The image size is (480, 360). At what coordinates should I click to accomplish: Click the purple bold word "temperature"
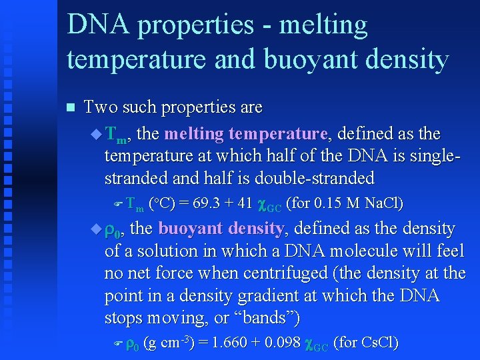[x=277, y=134]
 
